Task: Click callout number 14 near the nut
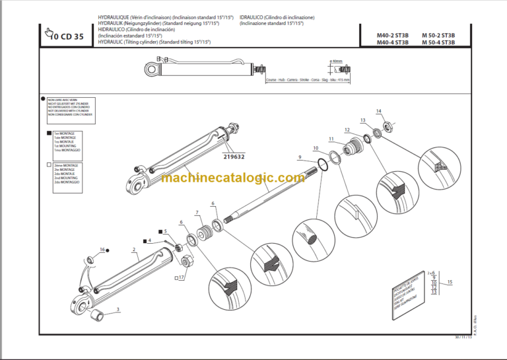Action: pyautogui.click(x=378, y=110)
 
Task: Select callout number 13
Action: pyautogui.click(x=362, y=120)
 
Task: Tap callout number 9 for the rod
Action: pyautogui.click(x=300, y=157)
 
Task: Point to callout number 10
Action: pyautogui.click(x=315, y=147)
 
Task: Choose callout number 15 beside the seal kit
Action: pyautogui.click(x=450, y=282)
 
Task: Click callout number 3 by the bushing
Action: pyautogui.click(x=118, y=308)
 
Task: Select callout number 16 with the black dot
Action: pyautogui.click(x=102, y=250)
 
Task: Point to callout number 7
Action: pyautogui.click(x=197, y=212)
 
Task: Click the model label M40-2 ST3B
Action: pyautogui.click(x=393, y=35)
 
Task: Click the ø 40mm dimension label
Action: pyautogui.click(x=338, y=61)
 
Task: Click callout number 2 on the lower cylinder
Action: pyautogui.click(x=134, y=250)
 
